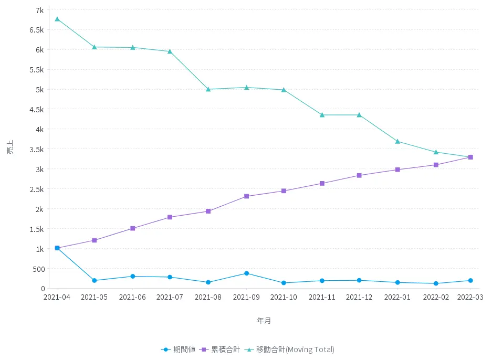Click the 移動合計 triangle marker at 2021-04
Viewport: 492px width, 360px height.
point(57,19)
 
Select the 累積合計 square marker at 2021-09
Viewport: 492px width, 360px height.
point(246,196)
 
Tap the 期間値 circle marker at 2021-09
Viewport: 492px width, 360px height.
point(246,273)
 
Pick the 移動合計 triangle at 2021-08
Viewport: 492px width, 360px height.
point(208,89)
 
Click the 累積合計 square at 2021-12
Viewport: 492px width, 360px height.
point(360,175)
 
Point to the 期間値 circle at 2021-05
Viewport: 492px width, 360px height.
point(95,280)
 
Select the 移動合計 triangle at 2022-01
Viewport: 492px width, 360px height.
point(397,141)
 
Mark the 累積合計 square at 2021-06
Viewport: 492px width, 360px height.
point(133,228)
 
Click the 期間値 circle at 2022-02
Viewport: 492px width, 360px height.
point(436,283)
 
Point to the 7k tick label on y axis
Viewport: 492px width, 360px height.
point(40,10)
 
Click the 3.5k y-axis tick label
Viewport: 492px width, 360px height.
point(36,149)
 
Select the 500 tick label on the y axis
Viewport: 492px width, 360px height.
point(38,269)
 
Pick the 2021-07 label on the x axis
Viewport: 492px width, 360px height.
point(171,297)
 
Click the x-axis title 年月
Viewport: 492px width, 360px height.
point(264,320)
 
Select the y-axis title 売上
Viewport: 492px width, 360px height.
point(11,149)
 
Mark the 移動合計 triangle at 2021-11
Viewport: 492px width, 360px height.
point(322,115)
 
